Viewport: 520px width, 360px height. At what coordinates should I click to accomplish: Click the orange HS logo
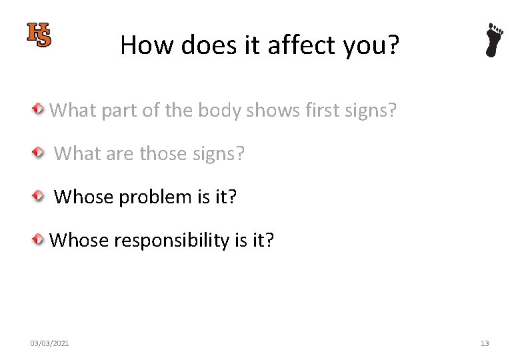pyautogui.click(x=39, y=35)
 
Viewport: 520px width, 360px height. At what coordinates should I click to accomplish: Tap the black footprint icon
pyautogui.click(x=493, y=40)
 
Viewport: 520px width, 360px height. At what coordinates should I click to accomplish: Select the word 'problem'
pyautogui.click(x=154, y=197)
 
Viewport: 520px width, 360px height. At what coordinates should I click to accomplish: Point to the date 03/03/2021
pyautogui.click(x=49, y=343)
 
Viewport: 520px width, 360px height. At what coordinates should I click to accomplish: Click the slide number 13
pyautogui.click(x=485, y=343)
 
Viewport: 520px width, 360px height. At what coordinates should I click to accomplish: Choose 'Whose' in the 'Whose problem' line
pyautogui.click(x=83, y=197)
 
